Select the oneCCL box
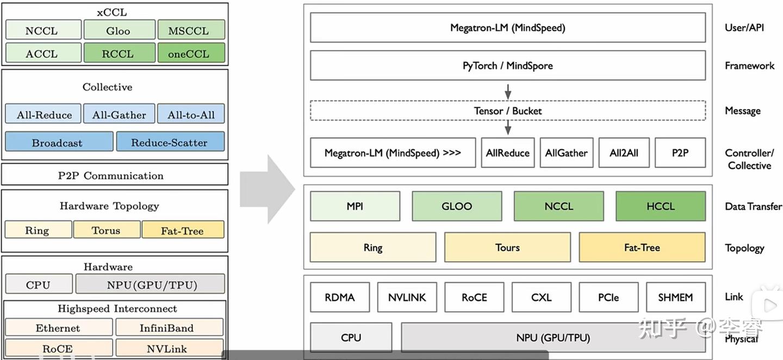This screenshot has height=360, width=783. pos(191,53)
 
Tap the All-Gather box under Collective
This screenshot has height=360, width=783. pos(119,114)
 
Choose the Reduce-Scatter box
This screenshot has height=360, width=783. pos(170,141)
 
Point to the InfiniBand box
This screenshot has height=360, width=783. pos(170,327)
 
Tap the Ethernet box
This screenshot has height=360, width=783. pos(59,327)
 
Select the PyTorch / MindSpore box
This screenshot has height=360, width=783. pos(508,65)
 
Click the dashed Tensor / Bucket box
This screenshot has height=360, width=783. pos(508,111)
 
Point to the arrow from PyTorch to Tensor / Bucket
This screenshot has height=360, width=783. pos(508,91)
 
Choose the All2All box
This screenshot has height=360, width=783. pos(624,153)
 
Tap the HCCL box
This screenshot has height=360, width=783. pos(661,206)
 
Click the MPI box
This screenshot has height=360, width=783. pos(355,206)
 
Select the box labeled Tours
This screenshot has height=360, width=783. pos(507,247)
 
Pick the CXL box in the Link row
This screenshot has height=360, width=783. pos(542,297)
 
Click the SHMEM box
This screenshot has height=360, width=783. pos(676,297)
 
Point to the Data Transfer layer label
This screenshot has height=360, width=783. pos(753,206)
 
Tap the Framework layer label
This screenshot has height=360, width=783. pos(749,65)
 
